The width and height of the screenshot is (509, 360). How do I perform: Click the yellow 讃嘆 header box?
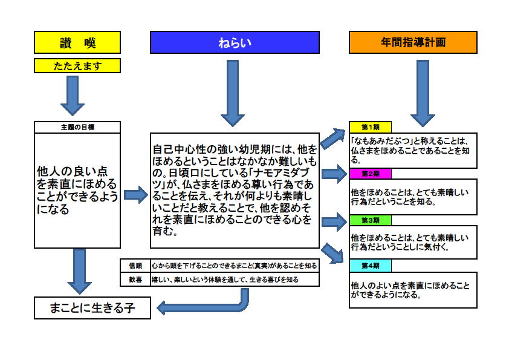coord(77,42)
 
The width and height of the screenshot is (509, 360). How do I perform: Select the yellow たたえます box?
coord(77,65)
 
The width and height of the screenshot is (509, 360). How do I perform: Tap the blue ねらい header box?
coord(235,42)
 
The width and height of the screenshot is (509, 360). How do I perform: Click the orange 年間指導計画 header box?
coord(413,42)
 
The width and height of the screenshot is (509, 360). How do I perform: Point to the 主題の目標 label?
coord(77,128)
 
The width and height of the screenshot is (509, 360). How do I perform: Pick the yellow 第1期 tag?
coord(370,127)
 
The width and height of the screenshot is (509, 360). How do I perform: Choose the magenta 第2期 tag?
coord(370,174)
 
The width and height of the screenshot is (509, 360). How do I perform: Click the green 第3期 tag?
coord(370,220)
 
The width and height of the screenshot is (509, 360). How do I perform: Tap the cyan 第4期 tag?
coord(370,266)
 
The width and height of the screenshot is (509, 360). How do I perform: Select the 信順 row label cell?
coord(135,265)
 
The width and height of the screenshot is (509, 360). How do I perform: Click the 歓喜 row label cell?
coord(135,280)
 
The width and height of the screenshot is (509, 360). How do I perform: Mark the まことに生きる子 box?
coord(92,308)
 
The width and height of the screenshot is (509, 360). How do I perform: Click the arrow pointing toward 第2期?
coord(334,174)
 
